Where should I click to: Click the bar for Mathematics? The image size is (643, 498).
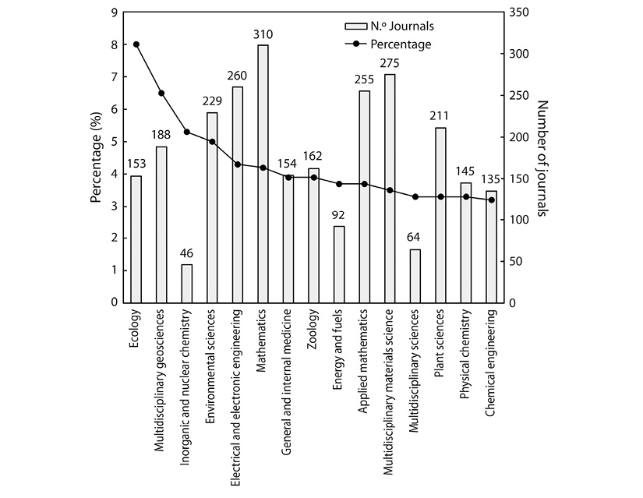263,174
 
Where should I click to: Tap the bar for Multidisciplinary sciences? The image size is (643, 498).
415,276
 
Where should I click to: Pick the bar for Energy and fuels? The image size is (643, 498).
339,264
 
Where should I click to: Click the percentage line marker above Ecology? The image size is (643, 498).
136,44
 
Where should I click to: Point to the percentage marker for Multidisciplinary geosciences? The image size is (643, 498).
161,94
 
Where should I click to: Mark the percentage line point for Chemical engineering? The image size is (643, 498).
492,200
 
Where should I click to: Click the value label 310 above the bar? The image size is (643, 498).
263,35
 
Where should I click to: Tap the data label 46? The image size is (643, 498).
187,254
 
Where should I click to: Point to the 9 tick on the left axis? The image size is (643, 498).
114,12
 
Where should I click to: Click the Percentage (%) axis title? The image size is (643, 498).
97,157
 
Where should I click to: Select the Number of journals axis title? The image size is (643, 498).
544,157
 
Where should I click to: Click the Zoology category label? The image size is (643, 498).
313,333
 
